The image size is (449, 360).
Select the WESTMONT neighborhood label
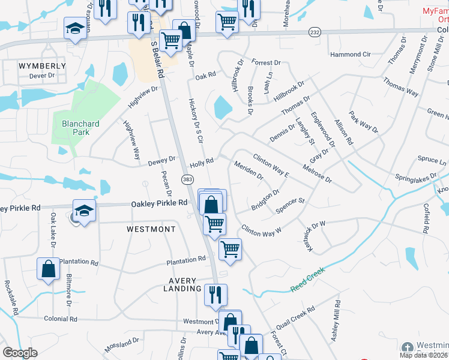(151, 229)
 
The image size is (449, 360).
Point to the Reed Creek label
(307, 280)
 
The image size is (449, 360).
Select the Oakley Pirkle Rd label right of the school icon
(159, 204)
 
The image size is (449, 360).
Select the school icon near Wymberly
(75, 28)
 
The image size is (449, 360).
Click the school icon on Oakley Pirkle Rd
(84, 211)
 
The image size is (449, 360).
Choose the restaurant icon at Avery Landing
(215, 294)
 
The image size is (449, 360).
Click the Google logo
(20, 352)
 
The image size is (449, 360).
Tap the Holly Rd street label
(202, 163)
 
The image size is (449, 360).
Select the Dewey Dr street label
(161, 161)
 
